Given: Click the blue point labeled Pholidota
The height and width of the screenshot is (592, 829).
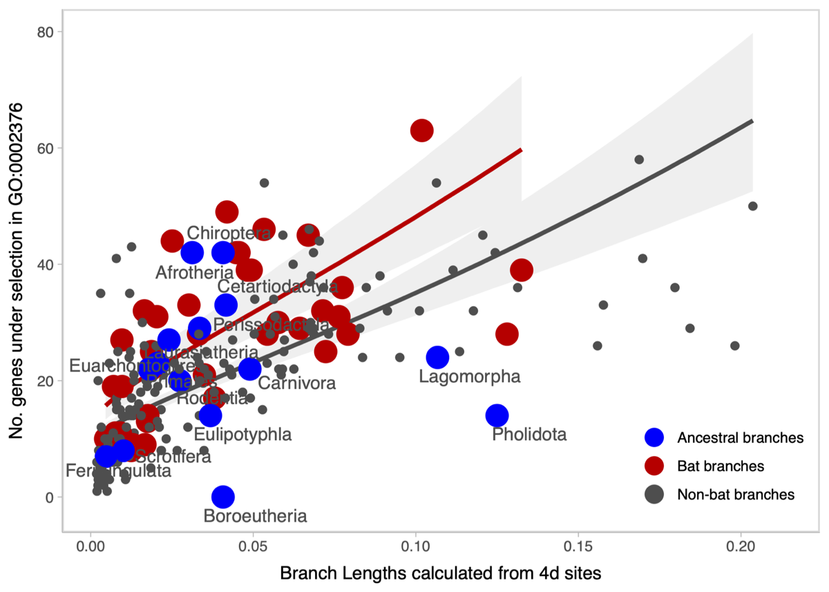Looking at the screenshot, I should pos(497,415).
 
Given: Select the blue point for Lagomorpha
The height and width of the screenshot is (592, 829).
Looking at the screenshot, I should pos(437,357).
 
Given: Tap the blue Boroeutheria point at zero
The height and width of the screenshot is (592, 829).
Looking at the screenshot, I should pos(223,496).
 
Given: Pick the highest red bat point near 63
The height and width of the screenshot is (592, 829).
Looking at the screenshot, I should pos(422,130).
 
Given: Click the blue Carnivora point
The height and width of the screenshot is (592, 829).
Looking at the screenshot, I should pos(249,369).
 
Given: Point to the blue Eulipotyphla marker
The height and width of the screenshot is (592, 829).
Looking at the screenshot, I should pos(210,415).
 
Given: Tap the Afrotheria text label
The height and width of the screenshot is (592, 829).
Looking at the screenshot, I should pos(195,273).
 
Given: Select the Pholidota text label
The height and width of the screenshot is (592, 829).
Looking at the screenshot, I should pos(529,435).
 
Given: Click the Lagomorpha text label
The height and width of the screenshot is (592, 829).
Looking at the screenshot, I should pos(470,376).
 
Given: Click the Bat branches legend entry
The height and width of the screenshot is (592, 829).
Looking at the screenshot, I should pos(721,466).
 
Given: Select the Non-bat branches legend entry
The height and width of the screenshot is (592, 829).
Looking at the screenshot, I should pos(736,495).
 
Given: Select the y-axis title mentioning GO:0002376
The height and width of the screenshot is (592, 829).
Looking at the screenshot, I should pos(17,270).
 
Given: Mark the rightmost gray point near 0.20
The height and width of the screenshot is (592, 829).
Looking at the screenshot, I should pos(752,206).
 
